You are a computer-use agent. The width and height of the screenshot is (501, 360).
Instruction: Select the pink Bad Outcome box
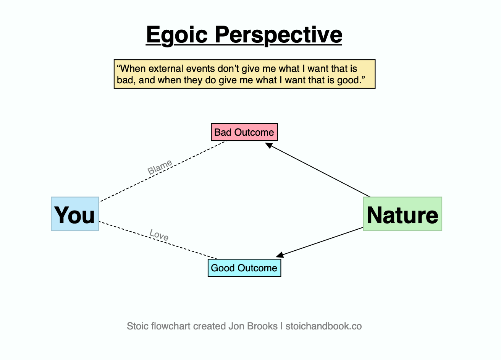244,132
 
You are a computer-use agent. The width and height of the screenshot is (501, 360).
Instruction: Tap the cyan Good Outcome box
244,268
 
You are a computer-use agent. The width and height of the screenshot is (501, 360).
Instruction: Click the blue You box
75,214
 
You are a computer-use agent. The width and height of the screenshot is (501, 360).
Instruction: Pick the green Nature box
402,214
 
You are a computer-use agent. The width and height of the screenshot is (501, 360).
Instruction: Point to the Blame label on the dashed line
160,167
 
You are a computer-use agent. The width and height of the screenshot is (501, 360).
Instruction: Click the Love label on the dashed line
159,235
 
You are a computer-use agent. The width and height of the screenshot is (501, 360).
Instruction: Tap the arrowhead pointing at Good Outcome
280,255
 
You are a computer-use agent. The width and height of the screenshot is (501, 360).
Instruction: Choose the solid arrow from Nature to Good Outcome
319,242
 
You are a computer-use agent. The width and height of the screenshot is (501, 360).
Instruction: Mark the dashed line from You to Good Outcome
158,240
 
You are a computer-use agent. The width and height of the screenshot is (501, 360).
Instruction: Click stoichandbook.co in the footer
324,326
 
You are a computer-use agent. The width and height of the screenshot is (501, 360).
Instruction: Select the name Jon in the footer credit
236,326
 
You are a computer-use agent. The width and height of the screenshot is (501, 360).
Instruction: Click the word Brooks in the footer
262,326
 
